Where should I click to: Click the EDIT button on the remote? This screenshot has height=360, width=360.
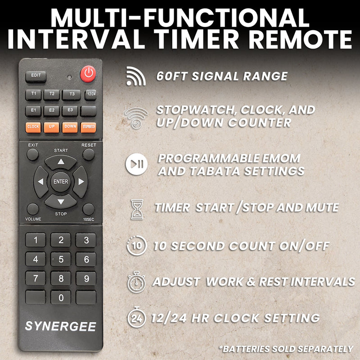point(36,76)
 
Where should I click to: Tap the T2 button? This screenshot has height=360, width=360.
point(52,94)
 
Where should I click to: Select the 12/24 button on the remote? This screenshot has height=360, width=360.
point(90,94)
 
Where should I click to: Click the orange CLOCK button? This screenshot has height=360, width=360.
point(33,127)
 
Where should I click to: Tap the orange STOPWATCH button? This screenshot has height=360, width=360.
point(88,127)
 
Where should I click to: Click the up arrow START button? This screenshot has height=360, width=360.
point(61,162)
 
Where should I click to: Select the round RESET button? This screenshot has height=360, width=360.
point(88,155)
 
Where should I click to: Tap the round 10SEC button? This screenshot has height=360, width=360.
point(88,209)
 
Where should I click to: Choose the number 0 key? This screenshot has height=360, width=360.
point(61,297)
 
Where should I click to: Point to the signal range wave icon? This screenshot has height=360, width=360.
point(136,76)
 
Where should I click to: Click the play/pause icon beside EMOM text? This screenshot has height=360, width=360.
point(136,165)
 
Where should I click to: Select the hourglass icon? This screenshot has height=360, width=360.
point(137,209)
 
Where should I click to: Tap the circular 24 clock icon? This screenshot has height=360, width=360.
point(136,318)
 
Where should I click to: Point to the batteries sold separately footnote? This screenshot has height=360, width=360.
point(286,349)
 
